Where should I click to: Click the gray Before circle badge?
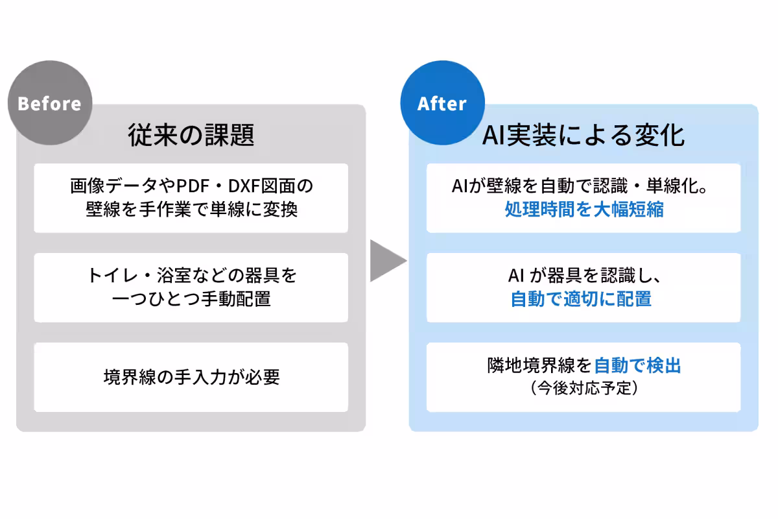pyautogui.click(x=49, y=104)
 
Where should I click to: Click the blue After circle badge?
pyautogui.click(x=442, y=104)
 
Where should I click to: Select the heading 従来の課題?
pyautogui.click(x=191, y=136)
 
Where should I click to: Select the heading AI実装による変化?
pyautogui.click(x=583, y=136)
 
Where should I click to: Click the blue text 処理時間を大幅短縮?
pyautogui.click(x=583, y=210)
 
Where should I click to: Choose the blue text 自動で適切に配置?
pyautogui.click(x=581, y=299)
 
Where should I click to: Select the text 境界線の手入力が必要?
pyautogui.click(x=191, y=378)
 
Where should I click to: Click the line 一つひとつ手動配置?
pyautogui.click(x=191, y=299)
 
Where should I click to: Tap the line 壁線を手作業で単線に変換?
pyautogui.click(x=191, y=210)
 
